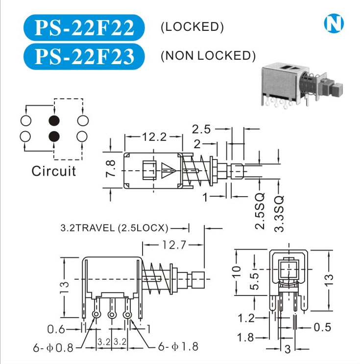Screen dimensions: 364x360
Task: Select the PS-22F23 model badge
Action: click(84, 57)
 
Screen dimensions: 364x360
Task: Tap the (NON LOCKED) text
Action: click(208, 56)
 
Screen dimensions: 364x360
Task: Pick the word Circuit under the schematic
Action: click(54, 171)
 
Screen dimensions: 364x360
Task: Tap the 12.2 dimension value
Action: click(153, 137)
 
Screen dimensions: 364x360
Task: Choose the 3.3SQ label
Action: click(279, 213)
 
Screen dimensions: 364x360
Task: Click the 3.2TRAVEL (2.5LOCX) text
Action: click(115, 227)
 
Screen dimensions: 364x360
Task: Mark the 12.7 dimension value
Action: click(174, 245)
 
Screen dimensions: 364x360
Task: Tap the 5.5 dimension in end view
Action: click(254, 282)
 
